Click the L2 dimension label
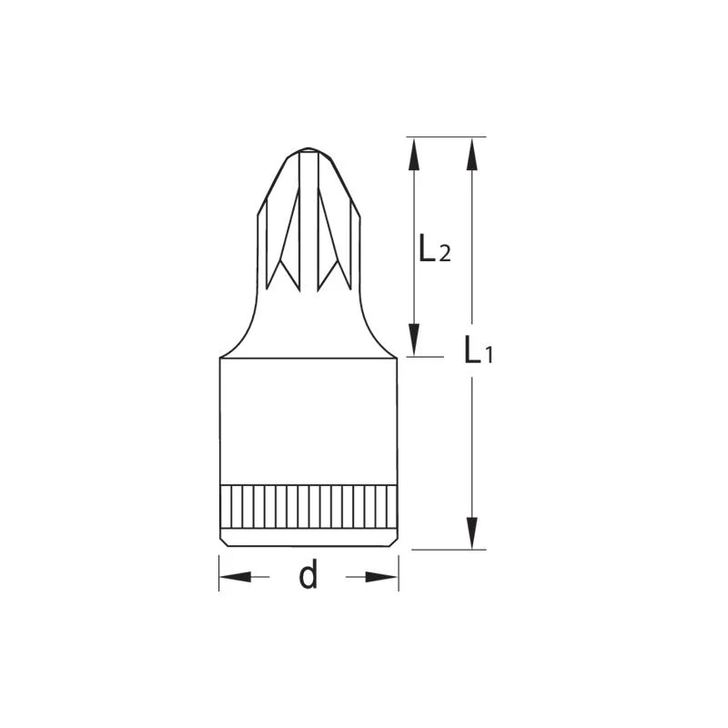(435, 248)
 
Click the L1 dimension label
(479, 349)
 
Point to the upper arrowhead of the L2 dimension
(414, 156)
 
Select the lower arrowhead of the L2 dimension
(414, 339)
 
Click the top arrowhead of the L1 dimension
(471, 156)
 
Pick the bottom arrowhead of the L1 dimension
(471, 532)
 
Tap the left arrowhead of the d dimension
(236, 577)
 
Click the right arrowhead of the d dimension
(381, 577)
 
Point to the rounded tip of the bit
(308, 150)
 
